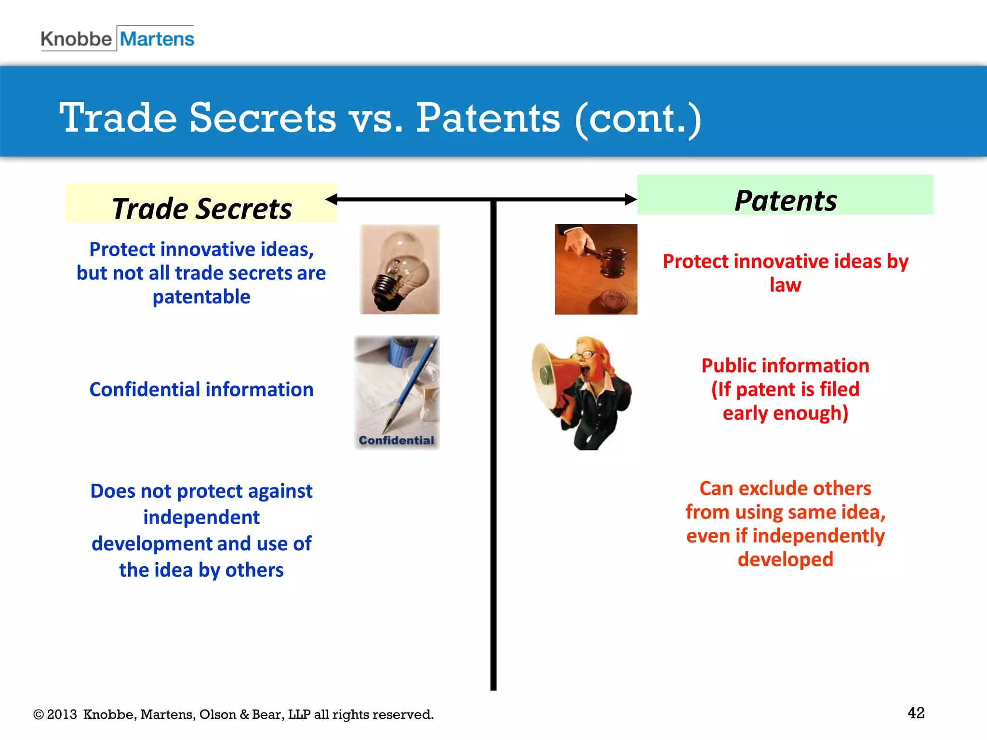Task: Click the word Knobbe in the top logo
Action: coord(76,39)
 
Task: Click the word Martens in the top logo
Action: coord(157,39)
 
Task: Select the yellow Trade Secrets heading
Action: coord(201,208)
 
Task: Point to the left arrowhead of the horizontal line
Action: coord(332,199)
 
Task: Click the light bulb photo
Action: coord(399,269)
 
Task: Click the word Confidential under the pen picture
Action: coord(396,440)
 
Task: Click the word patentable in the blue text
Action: coord(201,297)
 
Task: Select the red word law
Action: coord(785,285)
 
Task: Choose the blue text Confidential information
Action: coord(201,389)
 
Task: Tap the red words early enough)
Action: coord(785,413)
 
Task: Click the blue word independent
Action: coord(201,517)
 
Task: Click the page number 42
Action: coord(916,713)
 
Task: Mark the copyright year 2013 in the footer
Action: coord(62,714)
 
